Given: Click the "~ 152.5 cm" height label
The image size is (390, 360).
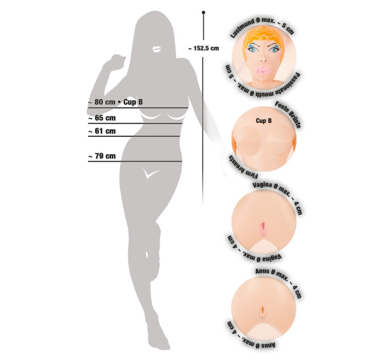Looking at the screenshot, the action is coord(203,48).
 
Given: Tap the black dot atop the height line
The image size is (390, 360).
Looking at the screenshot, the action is coord(203,12).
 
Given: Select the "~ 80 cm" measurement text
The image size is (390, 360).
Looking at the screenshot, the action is coord(102,102).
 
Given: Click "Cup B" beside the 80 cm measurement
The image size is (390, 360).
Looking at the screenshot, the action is coord(133,102).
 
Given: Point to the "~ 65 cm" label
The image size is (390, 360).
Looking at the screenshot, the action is coord(102,118).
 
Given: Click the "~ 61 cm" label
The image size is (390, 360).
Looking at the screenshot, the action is coord(102,131).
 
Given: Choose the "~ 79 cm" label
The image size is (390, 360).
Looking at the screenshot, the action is coord(102,156).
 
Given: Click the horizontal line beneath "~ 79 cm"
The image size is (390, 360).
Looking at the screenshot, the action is coord(135,162).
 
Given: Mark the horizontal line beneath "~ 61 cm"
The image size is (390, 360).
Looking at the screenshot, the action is coord(134,136).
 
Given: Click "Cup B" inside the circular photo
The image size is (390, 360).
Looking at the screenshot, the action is coord(264,121).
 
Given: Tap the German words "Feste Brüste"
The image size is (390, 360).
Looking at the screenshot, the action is coord(288,114).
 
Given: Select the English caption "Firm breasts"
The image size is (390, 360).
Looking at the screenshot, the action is coord(242,168).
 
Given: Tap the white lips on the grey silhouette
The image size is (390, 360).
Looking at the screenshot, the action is coord(157,49).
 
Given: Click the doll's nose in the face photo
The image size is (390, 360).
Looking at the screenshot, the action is coord(263,60).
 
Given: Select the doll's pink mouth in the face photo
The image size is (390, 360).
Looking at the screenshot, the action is coord(264,70).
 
